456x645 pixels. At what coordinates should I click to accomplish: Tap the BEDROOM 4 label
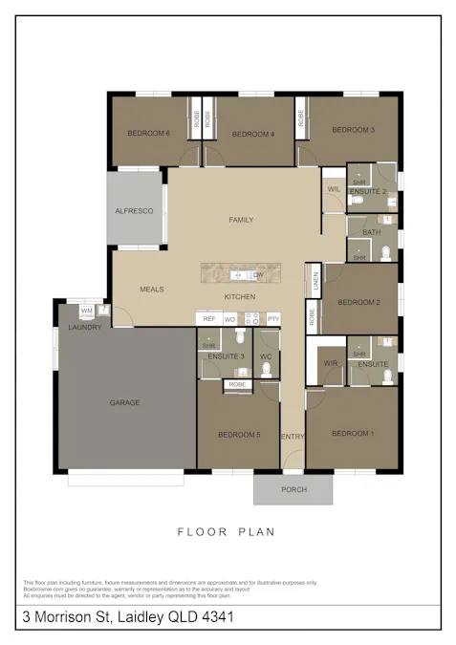click(253, 134)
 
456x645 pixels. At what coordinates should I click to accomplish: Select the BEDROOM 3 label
click(354, 129)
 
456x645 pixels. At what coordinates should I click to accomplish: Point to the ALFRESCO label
click(135, 210)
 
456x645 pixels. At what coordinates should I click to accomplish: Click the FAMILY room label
click(241, 220)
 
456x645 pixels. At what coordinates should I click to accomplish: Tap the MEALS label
click(152, 289)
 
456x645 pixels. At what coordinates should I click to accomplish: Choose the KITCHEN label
click(239, 297)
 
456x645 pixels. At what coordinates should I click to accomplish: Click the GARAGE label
click(124, 402)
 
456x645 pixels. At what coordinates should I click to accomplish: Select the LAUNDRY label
click(84, 328)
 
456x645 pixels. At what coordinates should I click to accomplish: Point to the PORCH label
click(293, 489)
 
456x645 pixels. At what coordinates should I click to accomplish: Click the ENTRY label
click(293, 437)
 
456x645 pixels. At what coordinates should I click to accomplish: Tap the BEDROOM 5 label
click(239, 435)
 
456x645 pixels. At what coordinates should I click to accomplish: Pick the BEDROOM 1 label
click(353, 434)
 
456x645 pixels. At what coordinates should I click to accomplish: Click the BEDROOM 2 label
click(358, 302)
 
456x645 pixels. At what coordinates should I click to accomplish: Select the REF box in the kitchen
click(208, 319)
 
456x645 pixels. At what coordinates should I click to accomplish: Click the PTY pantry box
click(273, 319)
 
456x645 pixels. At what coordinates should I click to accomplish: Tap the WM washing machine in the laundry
click(86, 311)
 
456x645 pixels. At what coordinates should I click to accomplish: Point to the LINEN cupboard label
click(314, 281)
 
